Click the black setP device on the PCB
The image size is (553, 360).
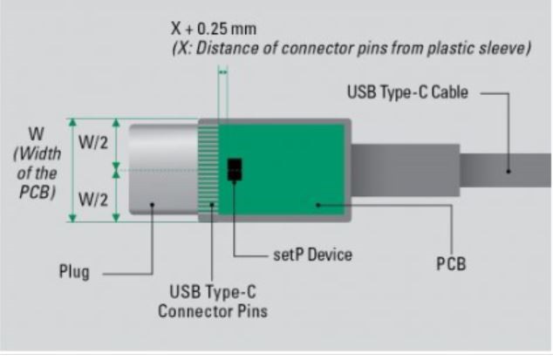(x=235, y=169)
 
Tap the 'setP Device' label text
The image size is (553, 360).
(x=312, y=255)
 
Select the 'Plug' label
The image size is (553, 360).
(x=74, y=272)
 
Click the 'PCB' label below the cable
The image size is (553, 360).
(x=451, y=264)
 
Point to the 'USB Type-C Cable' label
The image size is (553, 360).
(x=407, y=92)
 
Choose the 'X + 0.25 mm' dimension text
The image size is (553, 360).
(x=214, y=29)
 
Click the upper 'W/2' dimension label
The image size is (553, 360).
(x=93, y=143)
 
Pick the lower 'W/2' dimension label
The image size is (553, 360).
(x=93, y=200)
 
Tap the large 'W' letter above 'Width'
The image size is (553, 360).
(x=37, y=134)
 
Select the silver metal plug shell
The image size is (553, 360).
(x=164, y=169)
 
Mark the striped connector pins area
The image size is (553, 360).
(x=208, y=169)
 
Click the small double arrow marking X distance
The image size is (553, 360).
(x=223, y=72)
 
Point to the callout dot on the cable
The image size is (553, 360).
(x=509, y=172)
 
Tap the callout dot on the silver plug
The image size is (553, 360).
(x=152, y=205)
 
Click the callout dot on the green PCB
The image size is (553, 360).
(x=317, y=205)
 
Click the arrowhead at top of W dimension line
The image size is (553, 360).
(x=72, y=122)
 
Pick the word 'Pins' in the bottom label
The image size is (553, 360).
(x=253, y=311)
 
